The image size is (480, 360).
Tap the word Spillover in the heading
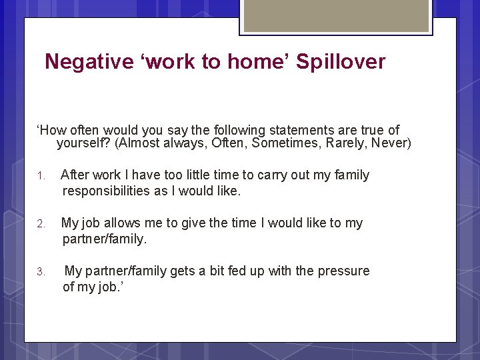pos(341,62)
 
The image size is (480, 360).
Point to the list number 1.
pos(40,176)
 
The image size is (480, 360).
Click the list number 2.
pos(40,224)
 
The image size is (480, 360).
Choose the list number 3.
pos(40,272)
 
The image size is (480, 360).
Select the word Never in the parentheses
pos(391,143)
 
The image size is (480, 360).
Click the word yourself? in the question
pos(83,143)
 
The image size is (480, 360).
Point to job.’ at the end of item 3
pos(107,287)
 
